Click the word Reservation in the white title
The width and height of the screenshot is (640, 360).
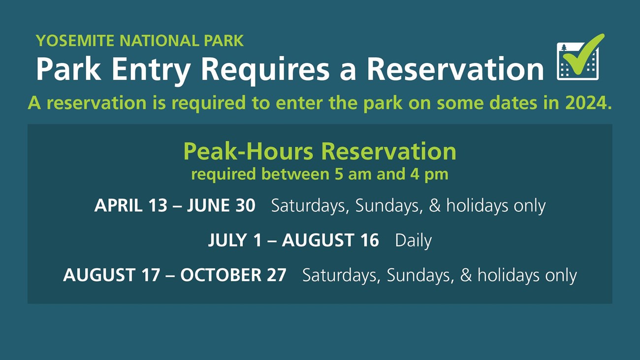[x=455, y=69]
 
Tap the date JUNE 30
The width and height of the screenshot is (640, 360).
[x=221, y=206]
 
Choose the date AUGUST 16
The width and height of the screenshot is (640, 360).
[x=330, y=240]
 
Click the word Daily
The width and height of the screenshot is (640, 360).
[x=413, y=241]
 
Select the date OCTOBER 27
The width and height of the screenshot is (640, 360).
[x=233, y=275]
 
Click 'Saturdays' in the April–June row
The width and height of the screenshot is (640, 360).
[x=310, y=206]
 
